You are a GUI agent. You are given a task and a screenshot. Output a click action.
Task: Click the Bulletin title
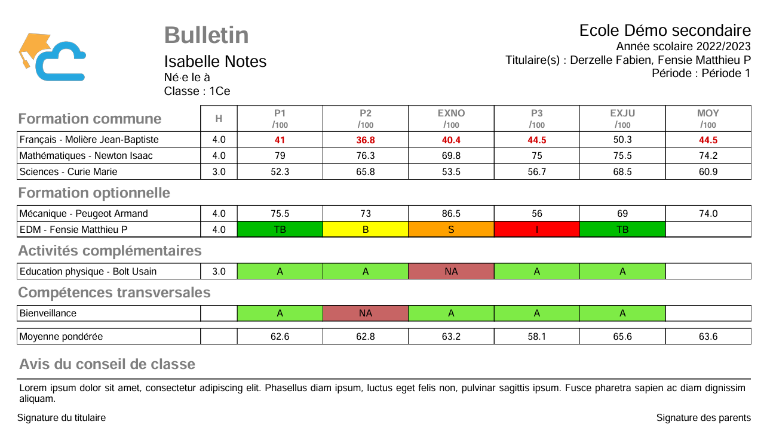pyautogui.click(x=206, y=35)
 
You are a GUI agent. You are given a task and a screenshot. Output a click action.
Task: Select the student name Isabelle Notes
pyautogui.click(x=215, y=61)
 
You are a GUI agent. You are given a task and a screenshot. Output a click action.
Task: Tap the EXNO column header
pyautogui.click(x=451, y=113)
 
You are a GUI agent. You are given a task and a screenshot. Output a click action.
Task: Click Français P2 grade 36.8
pyautogui.click(x=366, y=140)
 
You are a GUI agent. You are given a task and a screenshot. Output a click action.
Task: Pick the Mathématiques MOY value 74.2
pyautogui.click(x=708, y=156)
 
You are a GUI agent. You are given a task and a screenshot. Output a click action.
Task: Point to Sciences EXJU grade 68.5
pyautogui.click(x=622, y=172)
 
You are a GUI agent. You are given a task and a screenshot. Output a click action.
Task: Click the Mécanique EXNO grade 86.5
pyautogui.click(x=451, y=214)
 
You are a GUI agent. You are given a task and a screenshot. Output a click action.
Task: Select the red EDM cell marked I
pyautogui.click(x=537, y=230)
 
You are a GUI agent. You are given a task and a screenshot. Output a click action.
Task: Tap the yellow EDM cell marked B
pyautogui.click(x=366, y=230)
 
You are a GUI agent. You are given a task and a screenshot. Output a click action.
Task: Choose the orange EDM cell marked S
pyautogui.click(x=451, y=230)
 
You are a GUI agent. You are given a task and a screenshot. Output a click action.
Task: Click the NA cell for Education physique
pyautogui.click(x=451, y=272)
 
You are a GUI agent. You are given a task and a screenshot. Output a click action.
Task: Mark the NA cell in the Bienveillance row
pyautogui.click(x=366, y=313)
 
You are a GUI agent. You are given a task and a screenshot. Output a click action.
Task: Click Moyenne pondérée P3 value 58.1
pyautogui.click(x=537, y=337)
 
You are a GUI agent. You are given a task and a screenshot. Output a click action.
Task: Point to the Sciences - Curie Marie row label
pyautogui.click(x=69, y=172)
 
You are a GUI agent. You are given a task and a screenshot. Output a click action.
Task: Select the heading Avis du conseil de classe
pyautogui.click(x=107, y=364)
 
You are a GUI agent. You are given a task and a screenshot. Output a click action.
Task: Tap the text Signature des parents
pyautogui.click(x=703, y=418)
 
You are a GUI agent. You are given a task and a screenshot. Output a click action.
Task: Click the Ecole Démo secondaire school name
pyautogui.click(x=665, y=30)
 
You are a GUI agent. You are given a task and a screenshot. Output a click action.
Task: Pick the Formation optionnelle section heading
pyautogui.click(x=94, y=193)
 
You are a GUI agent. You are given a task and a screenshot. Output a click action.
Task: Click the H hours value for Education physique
pyautogui.click(x=219, y=272)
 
